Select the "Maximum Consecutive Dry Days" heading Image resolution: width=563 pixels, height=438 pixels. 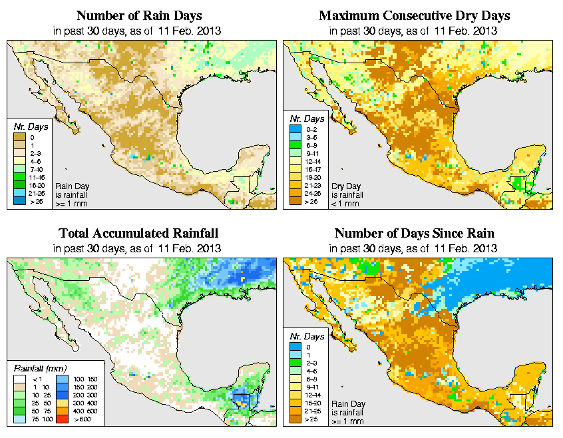[x=415, y=15]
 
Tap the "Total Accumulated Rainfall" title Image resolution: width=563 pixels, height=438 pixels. [x=138, y=234]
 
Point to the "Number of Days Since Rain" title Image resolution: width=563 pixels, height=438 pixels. [x=415, y=234]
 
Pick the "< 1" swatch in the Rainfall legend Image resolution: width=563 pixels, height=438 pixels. [x=20, y=378]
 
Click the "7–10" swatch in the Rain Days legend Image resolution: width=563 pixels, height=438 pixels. [x=20, y=171]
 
